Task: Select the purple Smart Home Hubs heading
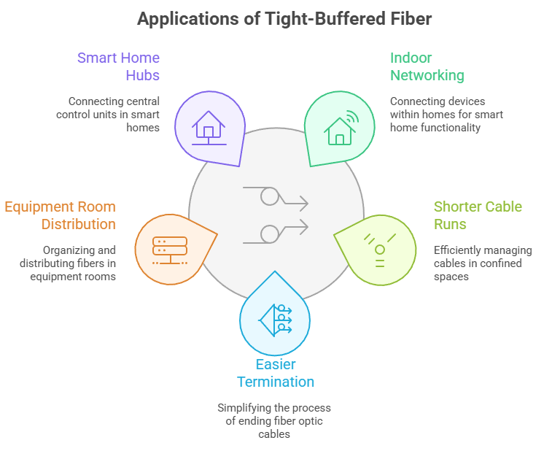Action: (118, 66)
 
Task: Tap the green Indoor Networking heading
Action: (427, 66)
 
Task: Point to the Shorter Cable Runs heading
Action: (478, 215)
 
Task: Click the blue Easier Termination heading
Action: (275, 373)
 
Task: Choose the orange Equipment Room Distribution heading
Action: (61, 215)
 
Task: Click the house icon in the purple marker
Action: (208, 128)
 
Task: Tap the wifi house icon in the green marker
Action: (341, 128)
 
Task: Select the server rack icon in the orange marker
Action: (170, 248)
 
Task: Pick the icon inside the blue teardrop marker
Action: (275, 318)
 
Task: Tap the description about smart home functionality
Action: (446, 115)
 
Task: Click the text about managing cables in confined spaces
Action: (483, 263)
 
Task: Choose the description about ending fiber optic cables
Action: (273, 421)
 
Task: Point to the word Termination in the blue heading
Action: (275, 382)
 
